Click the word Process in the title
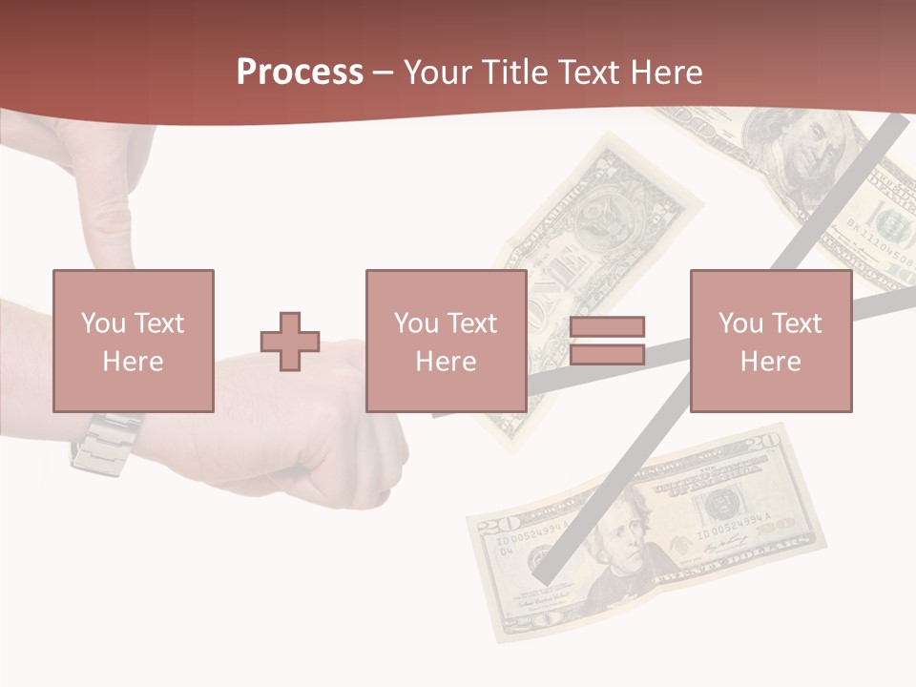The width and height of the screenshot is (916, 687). pyautogui.click(x=300, y=73)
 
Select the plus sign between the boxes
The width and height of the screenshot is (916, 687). pyautogui.click(x=290, y=342)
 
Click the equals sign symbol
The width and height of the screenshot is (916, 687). pyautogui.click(x=607, y=341)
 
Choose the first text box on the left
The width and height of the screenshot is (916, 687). pyautogui.click(x=133, y=341)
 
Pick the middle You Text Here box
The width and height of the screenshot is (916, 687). pyautogui.click(x=446, y=341)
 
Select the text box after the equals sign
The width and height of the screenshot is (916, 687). pyautogui.click(x=770, y=341)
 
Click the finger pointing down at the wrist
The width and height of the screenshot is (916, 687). pyautogui.click(x=114, y=200)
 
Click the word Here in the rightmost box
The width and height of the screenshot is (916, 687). pyautogui.click(x=770, y=361)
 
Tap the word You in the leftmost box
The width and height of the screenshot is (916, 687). pyautogui.click(x=102, y=323)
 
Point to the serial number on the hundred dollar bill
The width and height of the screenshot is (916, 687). pyautogui.click(x=883, y=250)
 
